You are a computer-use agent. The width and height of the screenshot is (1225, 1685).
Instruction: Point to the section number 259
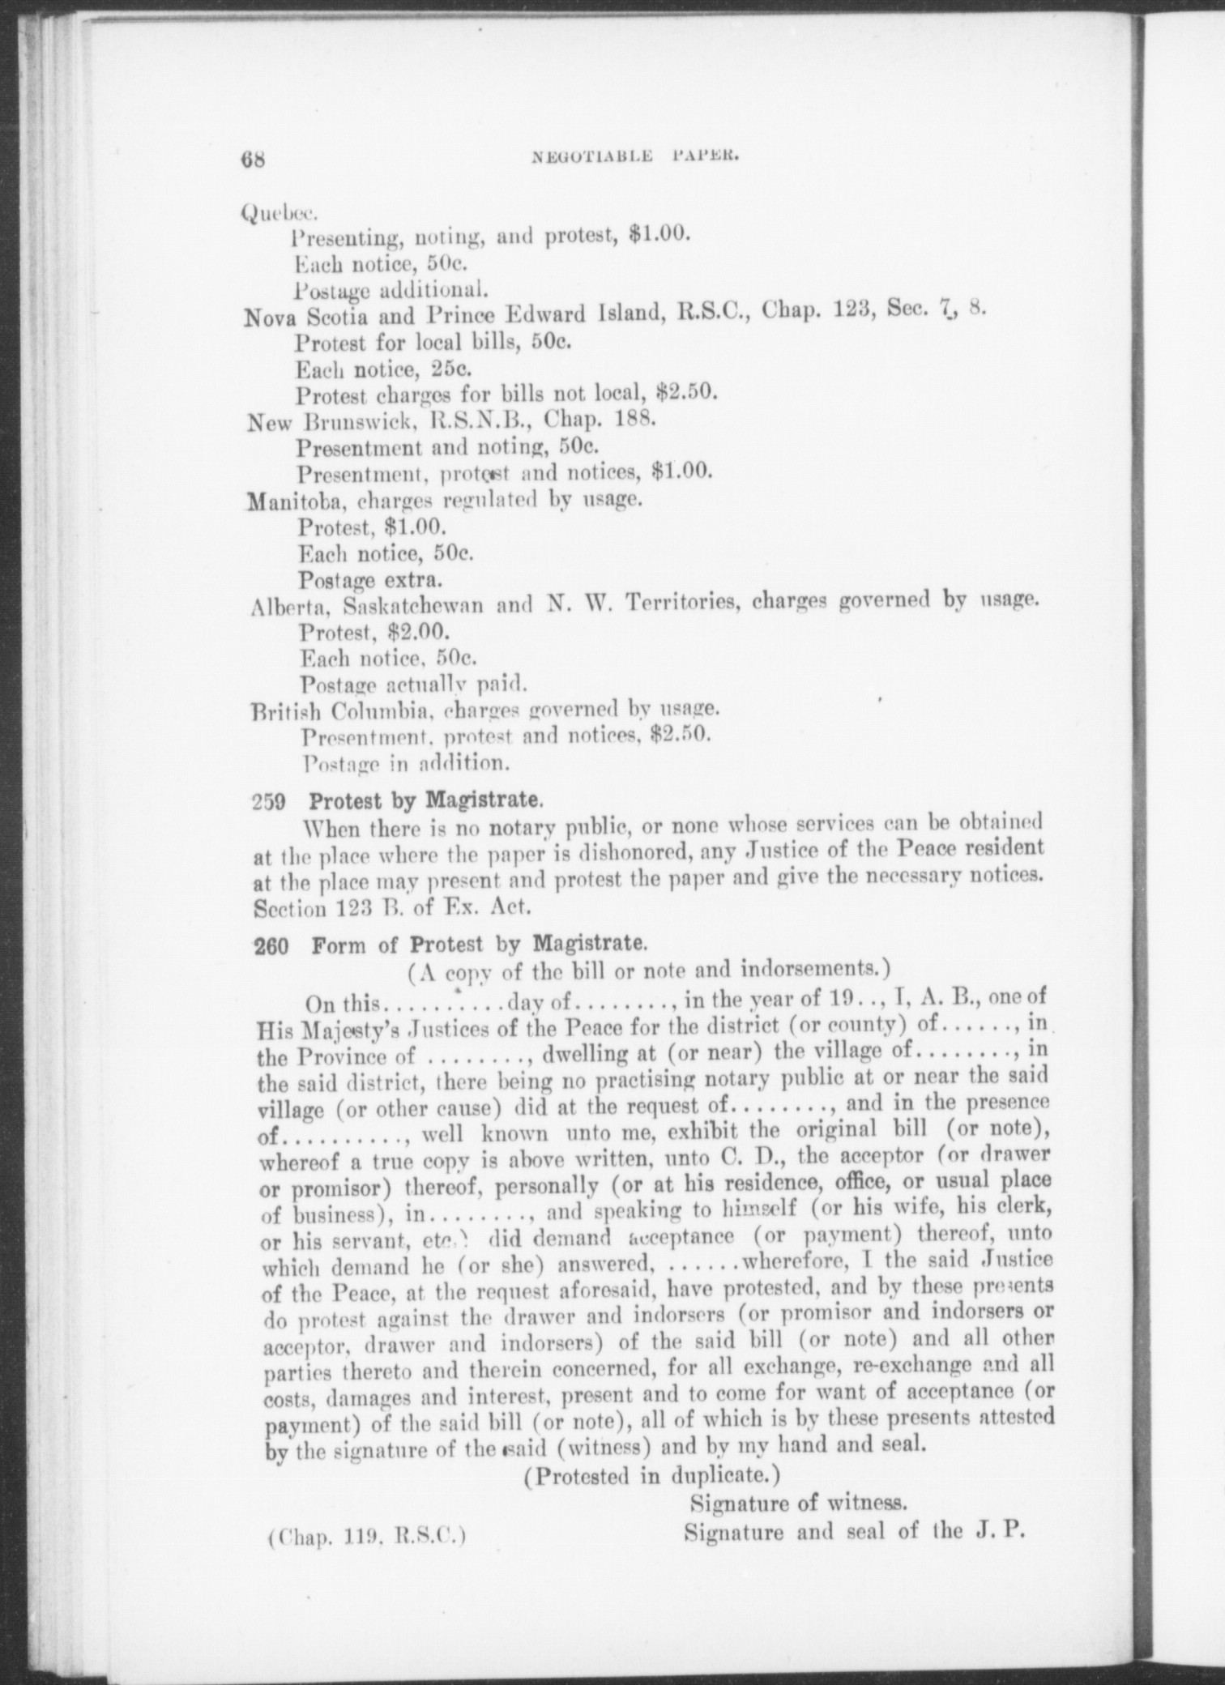270,802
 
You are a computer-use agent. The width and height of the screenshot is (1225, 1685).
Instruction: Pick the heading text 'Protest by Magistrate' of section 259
425,801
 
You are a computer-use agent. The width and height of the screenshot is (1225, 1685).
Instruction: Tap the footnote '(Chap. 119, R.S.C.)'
366,1534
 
